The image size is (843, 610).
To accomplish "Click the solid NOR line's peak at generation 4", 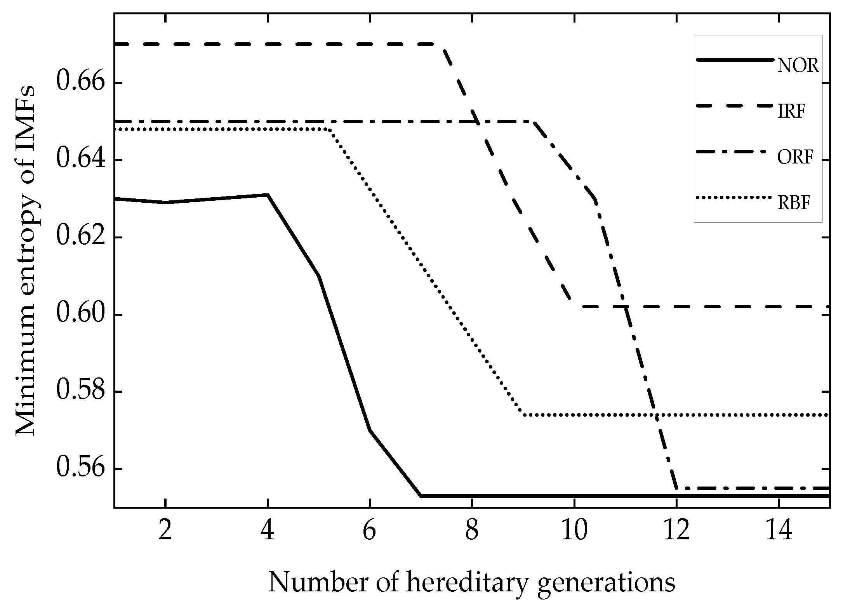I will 268,195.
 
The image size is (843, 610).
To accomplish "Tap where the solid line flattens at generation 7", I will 421,496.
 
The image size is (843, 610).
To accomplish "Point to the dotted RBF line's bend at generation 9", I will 523,415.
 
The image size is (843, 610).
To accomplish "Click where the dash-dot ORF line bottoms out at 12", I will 677,488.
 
